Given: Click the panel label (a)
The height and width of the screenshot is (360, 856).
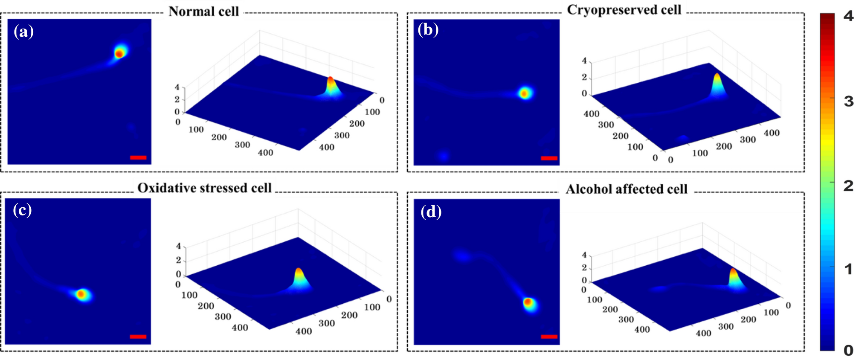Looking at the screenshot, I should tap(23, 32).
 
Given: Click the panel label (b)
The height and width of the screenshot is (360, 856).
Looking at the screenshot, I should tap(428, 30).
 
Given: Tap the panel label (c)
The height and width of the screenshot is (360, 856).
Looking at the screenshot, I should tap(22, 210).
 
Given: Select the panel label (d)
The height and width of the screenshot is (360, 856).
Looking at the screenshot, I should tap(430, 212).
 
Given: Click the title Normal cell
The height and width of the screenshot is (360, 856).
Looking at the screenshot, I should tap(203, 11).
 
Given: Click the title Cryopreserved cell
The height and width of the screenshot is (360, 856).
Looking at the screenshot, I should tap(624, 10).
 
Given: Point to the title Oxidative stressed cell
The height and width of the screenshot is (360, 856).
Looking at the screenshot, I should tap(204, 188).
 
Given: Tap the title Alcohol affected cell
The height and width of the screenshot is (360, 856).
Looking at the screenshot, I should tap(626, 189).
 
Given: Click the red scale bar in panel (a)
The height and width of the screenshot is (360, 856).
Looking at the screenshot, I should tap(138, 157).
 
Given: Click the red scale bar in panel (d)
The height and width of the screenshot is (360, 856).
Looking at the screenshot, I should tap(549, 337).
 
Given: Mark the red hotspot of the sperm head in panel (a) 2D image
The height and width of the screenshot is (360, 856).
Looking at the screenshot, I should tap(119, 53).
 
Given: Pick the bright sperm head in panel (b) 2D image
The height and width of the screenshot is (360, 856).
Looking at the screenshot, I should tap(525, 93).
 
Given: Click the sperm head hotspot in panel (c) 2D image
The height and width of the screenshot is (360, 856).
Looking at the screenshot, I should tap(81, 294).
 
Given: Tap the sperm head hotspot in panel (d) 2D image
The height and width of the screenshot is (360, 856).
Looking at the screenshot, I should tap(528, 302).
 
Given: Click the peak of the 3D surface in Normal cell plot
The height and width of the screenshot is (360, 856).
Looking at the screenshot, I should tap(331, 79).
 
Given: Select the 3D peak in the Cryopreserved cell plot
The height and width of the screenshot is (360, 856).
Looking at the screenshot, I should tap(717, 75).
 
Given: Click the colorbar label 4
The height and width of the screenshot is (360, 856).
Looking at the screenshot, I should tap(848, 16).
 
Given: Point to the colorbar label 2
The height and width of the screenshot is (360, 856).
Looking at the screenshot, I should tap(848, 186).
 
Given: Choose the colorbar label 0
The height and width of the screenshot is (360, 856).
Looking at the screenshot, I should tap(848, 350).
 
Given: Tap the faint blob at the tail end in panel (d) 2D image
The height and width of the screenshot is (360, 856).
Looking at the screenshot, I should tap(461, 256).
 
